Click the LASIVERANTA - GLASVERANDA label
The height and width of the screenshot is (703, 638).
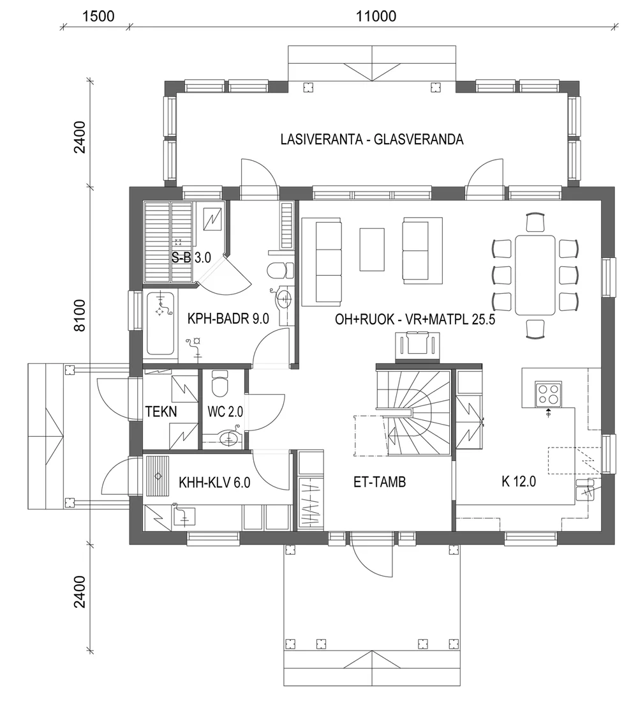coord(371,140)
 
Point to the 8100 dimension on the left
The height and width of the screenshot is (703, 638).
coord(80,317)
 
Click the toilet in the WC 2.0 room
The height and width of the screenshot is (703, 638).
coord(220,386)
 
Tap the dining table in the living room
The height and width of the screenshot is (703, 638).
coord(535,275)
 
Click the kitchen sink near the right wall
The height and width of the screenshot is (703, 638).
coord(585,490)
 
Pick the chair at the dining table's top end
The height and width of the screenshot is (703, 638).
coord(535,222)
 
